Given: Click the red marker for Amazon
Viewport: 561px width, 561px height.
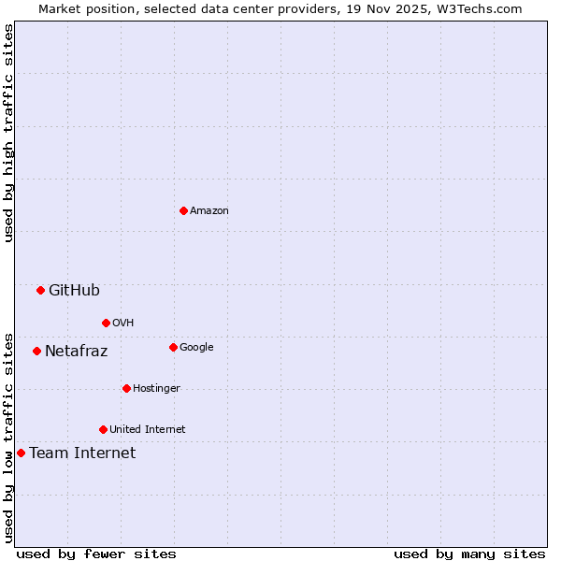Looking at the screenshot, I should (x=183, y=210).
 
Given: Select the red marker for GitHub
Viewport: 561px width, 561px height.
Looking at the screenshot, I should (x=40, y=290).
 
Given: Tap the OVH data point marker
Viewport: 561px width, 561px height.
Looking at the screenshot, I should (x=106, y=323).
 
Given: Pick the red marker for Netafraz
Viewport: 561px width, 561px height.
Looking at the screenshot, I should (x=36, y=351).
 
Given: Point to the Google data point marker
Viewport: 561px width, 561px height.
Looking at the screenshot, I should (x=173, y=347).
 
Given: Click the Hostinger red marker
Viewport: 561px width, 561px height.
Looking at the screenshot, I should (x=126, y=388).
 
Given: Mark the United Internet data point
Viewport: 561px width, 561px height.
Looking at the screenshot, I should (x=103, y=429).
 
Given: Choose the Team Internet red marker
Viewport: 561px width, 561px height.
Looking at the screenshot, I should (x=21, y=453).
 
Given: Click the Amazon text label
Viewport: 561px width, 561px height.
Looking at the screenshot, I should (x=209, y=211).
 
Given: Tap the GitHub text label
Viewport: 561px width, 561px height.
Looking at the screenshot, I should (x=74, y=290).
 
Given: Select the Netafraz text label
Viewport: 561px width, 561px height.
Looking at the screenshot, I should (x=76, y=352).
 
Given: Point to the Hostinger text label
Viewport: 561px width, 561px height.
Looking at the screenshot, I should (x=156, y=389).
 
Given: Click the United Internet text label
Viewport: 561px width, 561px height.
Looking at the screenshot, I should (x=148, y=430).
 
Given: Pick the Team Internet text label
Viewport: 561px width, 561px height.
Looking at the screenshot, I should (x=82, y=453).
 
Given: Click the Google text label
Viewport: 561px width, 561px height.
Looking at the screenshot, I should (x=196, y=348).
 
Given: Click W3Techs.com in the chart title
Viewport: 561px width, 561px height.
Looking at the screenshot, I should (x=475, y=8).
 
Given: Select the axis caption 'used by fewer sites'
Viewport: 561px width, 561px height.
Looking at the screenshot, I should (x=96, y=554).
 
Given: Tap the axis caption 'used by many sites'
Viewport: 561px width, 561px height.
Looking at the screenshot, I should (x=469, y=554).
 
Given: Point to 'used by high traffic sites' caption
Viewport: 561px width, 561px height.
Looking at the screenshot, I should (x=8, y=133).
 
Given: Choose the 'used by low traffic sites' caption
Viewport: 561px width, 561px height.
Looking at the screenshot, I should (x=8, y=438).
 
